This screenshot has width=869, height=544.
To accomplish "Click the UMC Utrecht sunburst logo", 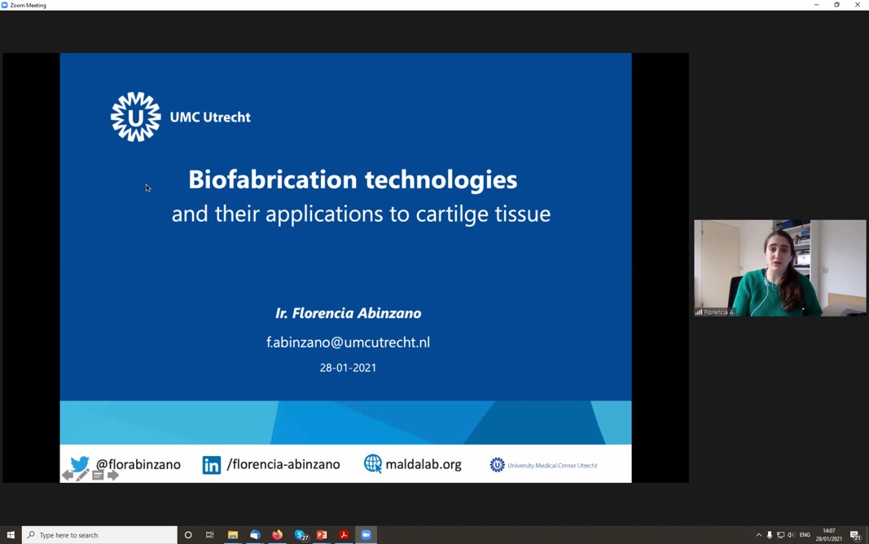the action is tap(136, 117).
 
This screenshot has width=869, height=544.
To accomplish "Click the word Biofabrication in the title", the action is tap(273, 179).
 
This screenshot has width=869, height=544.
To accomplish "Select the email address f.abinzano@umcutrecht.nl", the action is tap(348, 342).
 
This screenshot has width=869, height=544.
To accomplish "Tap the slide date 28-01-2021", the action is tap(348, 368).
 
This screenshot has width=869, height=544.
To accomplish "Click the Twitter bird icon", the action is tap(80, 463).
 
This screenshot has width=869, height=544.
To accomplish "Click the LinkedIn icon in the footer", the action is tap(211, 465).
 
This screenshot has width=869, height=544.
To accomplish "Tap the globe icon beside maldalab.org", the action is tap(373, 463).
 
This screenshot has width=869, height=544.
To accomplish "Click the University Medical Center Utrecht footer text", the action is tap(552, 465).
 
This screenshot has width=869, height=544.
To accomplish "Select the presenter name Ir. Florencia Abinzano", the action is tap(348, 313).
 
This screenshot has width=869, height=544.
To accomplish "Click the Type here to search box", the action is tap(99, 535).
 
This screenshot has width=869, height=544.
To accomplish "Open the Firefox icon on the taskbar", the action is tap(277, 535).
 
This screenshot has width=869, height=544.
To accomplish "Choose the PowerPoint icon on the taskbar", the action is tap(322, 535).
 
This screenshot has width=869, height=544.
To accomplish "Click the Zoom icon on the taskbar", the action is tap(366, 535).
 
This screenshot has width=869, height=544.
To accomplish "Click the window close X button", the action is tap(858, 5).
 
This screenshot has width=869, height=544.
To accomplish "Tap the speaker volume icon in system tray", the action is tap(792, 535).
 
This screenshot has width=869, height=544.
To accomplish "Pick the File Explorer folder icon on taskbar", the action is tap(233, 535).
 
